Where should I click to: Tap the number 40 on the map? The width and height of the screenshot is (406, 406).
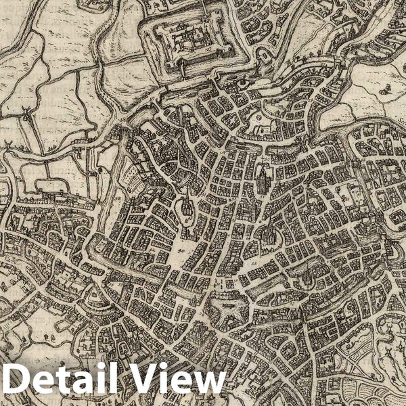click(181, 248)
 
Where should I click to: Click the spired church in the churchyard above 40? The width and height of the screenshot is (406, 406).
click(182, 210)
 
